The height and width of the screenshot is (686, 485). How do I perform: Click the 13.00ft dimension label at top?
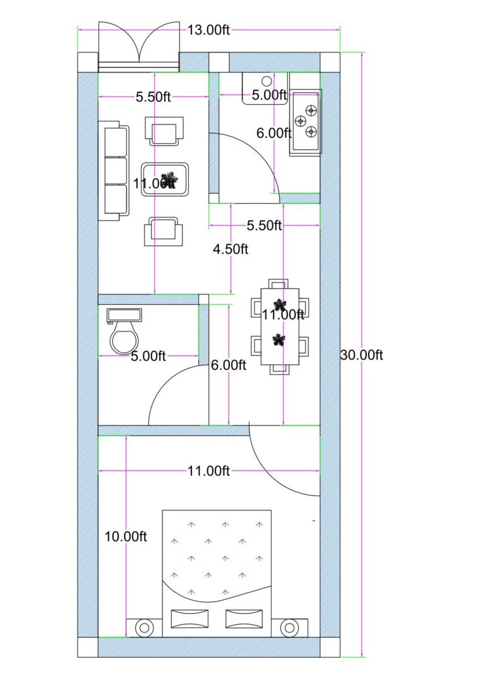(208, 29)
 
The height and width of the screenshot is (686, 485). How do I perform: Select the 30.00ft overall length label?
(361, 355)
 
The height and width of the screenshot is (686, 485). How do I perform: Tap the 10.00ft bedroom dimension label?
(126, 536)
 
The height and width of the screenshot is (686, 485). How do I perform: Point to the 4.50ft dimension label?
(231, 249)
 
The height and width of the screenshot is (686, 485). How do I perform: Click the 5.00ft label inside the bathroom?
(148, 357)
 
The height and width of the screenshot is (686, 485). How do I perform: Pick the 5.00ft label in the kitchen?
(269, 96)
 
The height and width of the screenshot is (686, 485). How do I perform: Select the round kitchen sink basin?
(266, 81)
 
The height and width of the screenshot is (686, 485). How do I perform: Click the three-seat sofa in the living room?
(114, 170)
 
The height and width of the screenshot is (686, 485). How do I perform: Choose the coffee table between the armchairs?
(164, 179)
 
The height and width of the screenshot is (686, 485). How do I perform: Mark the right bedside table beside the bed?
(289, 627)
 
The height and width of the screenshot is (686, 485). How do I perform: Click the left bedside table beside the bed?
(144, 627)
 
